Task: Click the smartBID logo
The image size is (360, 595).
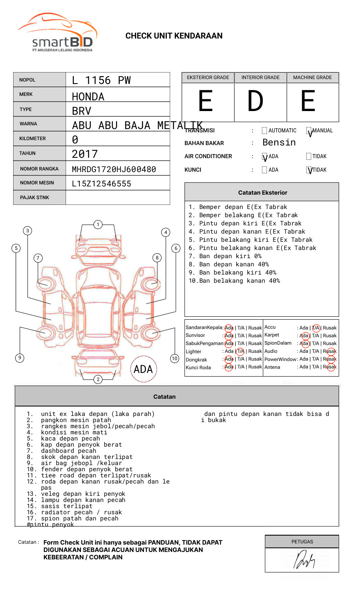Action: coord(57,33)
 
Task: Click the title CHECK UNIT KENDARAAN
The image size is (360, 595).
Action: coord(174,36)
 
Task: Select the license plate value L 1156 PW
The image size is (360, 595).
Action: coord(101,80)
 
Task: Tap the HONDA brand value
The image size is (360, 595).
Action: coord(88,97)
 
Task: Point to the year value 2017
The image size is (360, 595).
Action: coord(85,154)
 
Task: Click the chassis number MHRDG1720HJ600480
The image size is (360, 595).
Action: coord(114,169)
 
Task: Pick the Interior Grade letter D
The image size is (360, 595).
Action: coord(255,101)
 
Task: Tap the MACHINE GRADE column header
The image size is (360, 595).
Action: coord(312,77)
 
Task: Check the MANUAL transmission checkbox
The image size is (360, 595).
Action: coord(309,131)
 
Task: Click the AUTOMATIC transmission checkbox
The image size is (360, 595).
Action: coord(264,131)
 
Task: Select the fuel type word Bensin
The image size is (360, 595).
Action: coord(279,143)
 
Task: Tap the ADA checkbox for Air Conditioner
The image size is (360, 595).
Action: coord(264,157)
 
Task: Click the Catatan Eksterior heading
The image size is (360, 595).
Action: coord(262,193)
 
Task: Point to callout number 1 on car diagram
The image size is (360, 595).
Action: coord(98,225)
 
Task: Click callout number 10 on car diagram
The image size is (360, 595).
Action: coord(175,359)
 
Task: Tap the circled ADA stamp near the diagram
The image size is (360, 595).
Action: coord(143,369)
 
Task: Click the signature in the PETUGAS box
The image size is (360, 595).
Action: coord(304,560)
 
